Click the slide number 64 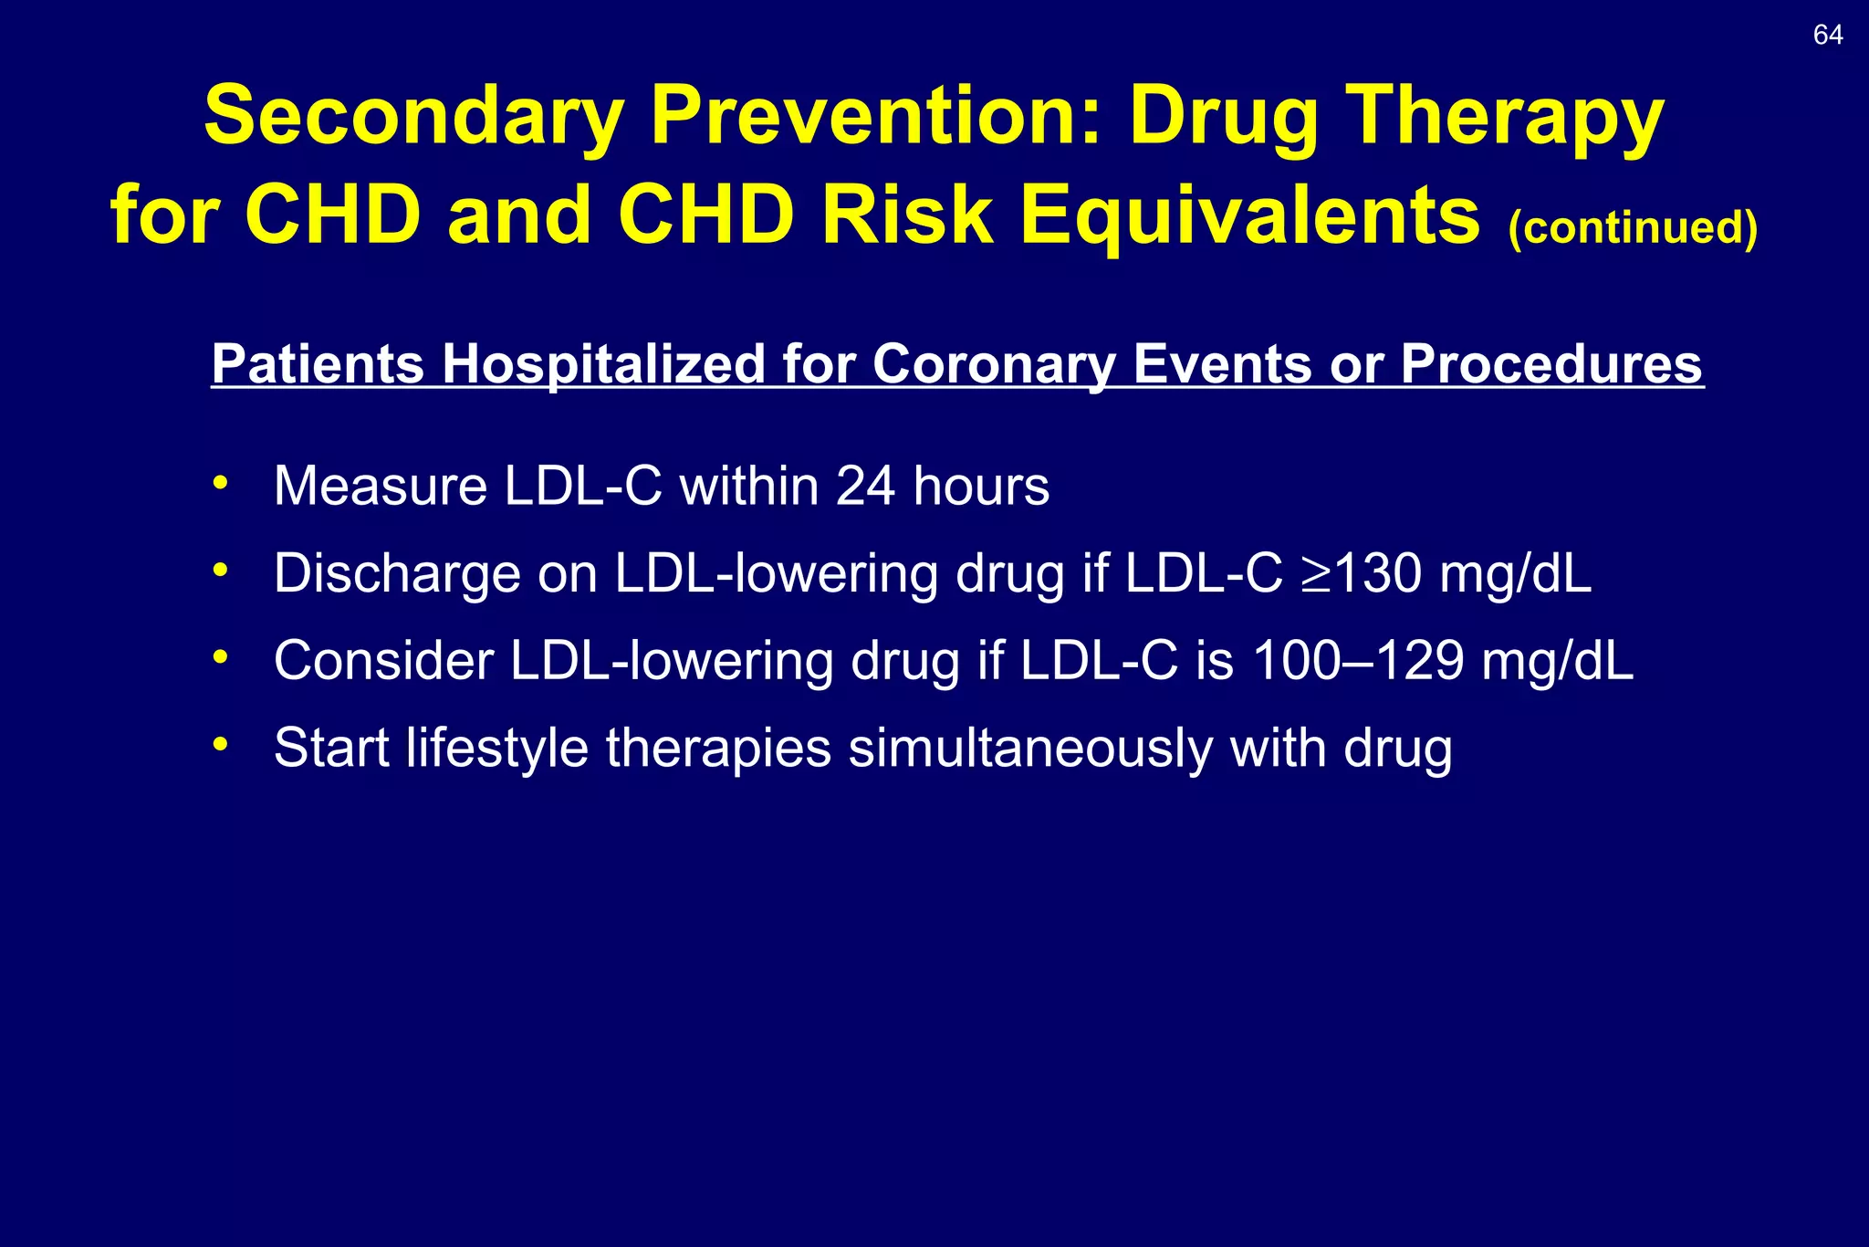1827,36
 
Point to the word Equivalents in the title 1249,216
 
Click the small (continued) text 1633,227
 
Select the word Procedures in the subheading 1551,363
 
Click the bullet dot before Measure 220,482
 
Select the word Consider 383,660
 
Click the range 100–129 1358,660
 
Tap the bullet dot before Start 220,744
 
